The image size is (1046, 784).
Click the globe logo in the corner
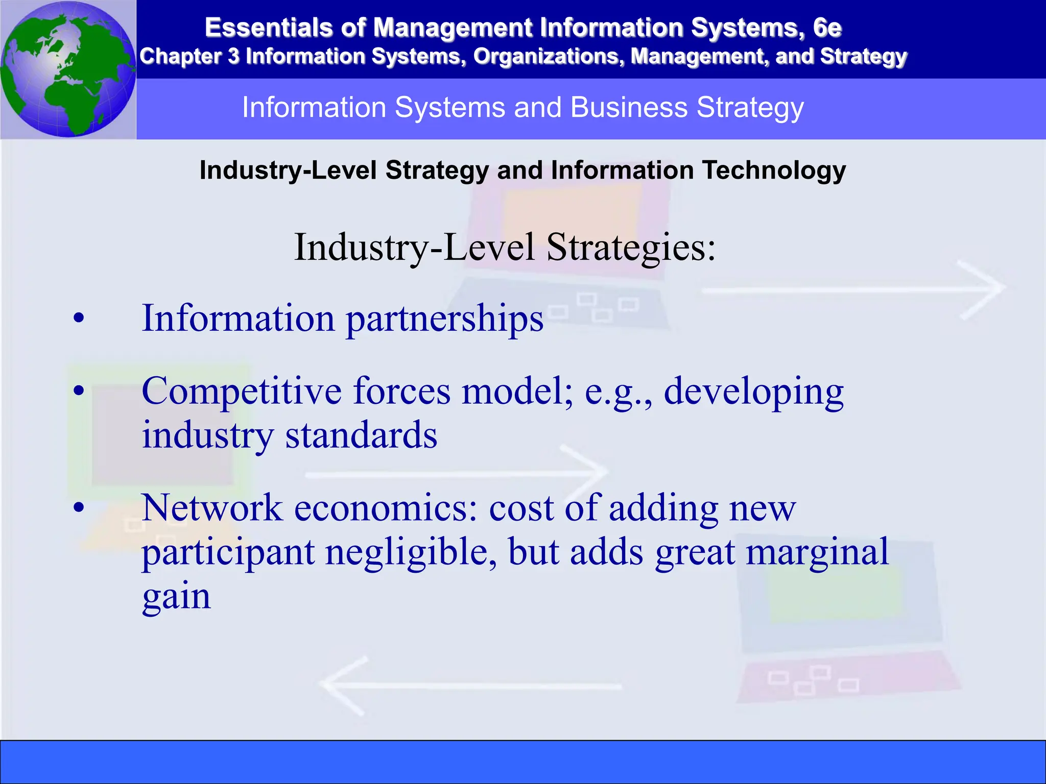(x=68, y=69)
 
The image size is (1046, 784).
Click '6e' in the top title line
(x=827, y=28)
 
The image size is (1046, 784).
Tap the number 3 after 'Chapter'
(x=233, y=57)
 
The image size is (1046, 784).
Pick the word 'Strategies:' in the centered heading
(x=631, y=248)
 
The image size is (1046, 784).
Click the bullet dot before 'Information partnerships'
(x=78, y=319)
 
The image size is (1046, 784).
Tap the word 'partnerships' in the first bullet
(x=444, y=319)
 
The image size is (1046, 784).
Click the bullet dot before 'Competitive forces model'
(x=78, y=391)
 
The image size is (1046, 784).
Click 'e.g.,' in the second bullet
(x=619, y=391)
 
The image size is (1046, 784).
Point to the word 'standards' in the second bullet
(x=361, y=435)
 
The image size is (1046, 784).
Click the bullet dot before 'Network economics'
(x=78, y=508)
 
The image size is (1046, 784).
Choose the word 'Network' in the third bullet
(x=212, y=508)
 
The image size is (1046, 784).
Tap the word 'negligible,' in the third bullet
(x=411, y=552)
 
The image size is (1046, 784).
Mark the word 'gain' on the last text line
(x=176, y=596)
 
